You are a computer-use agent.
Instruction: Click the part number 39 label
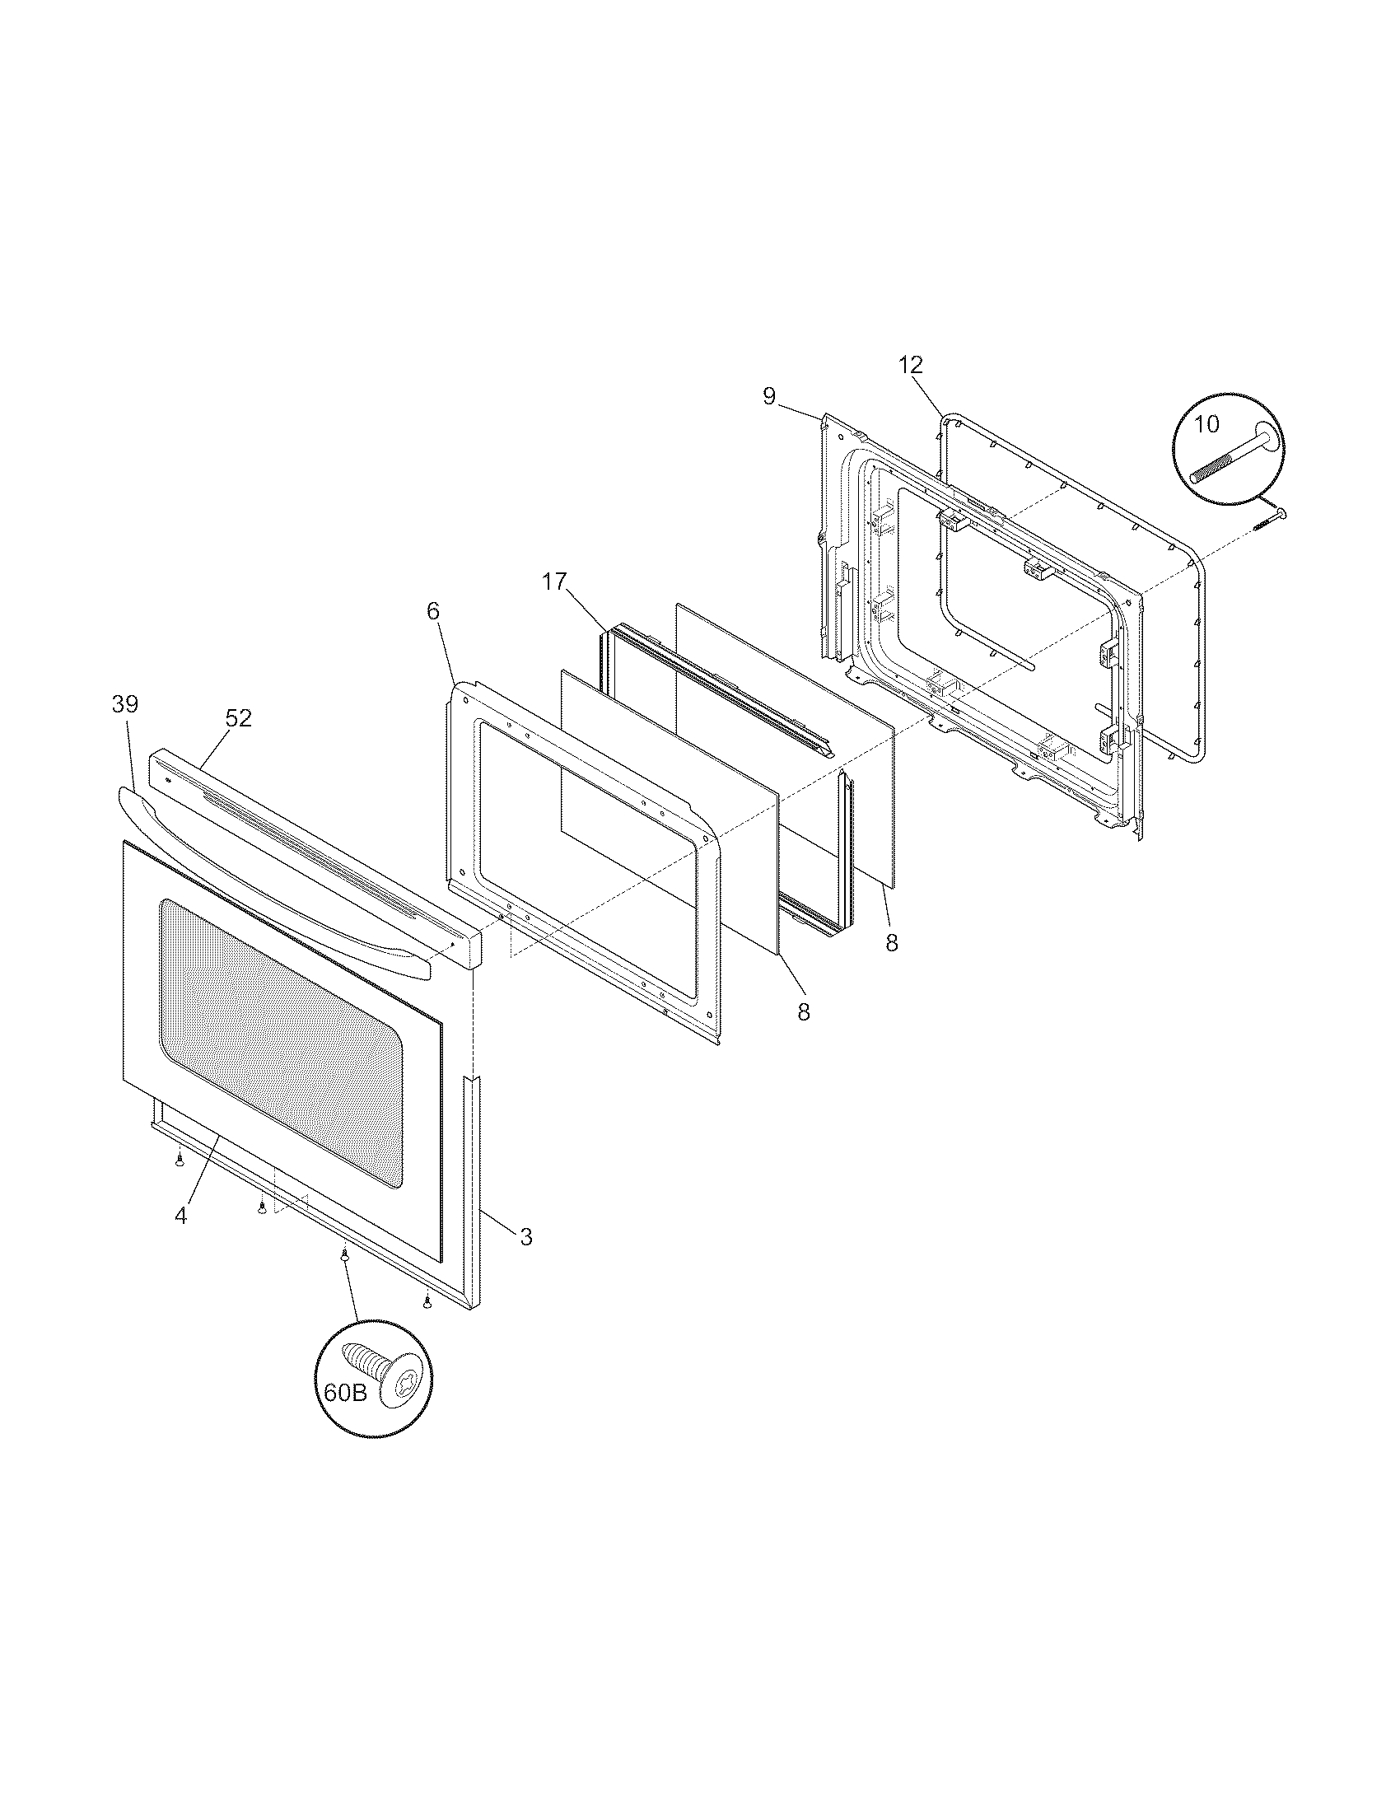pyautogui.click(x=125, y=705)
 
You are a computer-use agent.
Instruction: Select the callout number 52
pyautogui.click(x=238, y=718)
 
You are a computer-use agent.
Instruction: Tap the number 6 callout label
pyautogui.click(x=433, y=611)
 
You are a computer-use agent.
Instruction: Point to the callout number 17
pyautogui.click(x=554, y=581)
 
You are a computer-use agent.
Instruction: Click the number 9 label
pyautogui.click(x=770, y=397)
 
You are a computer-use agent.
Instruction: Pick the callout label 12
pyautogui.click(x=910, y=364)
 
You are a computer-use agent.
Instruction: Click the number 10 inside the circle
pyautogui.click(x=1206, y=424)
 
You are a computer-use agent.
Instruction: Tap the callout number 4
pyautogui.click(x=181, y=1216)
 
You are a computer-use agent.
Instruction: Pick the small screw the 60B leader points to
pyautogui.click(x=343, y=1282)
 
